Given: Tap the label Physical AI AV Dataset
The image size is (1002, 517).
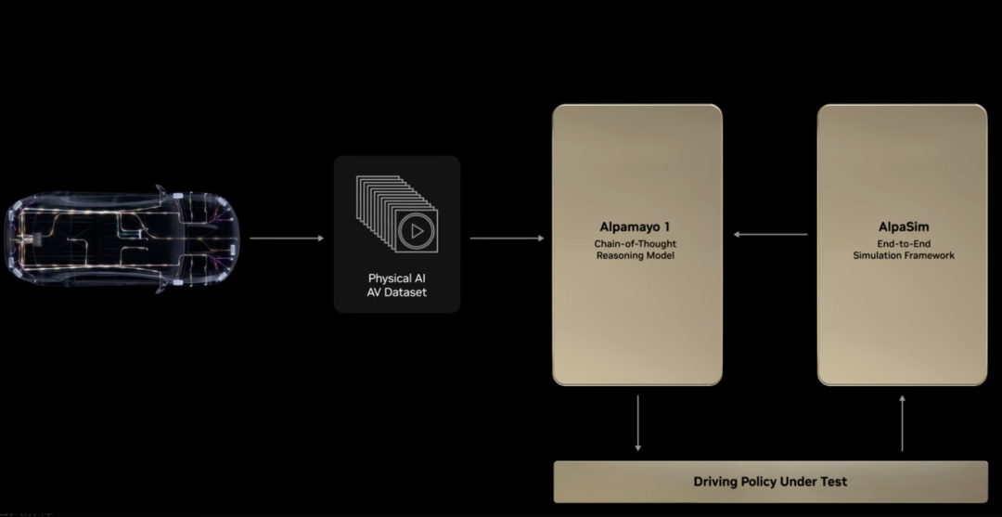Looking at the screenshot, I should click(397, 285).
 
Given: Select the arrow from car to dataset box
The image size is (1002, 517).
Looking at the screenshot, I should click(287, 239).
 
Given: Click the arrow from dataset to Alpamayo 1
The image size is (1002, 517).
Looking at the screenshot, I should click(507, 239).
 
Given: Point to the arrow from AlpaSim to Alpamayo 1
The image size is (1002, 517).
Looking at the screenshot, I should click(770, 234).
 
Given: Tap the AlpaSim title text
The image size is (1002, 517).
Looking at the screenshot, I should click(903, 226).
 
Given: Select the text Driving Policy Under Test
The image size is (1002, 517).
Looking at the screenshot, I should click(770, 482).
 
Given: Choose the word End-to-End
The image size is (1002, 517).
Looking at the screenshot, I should click(903, 243).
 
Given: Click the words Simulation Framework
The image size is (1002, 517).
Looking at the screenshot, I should click(903, 255).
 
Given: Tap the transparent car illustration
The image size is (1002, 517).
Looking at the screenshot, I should click(122, 239).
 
